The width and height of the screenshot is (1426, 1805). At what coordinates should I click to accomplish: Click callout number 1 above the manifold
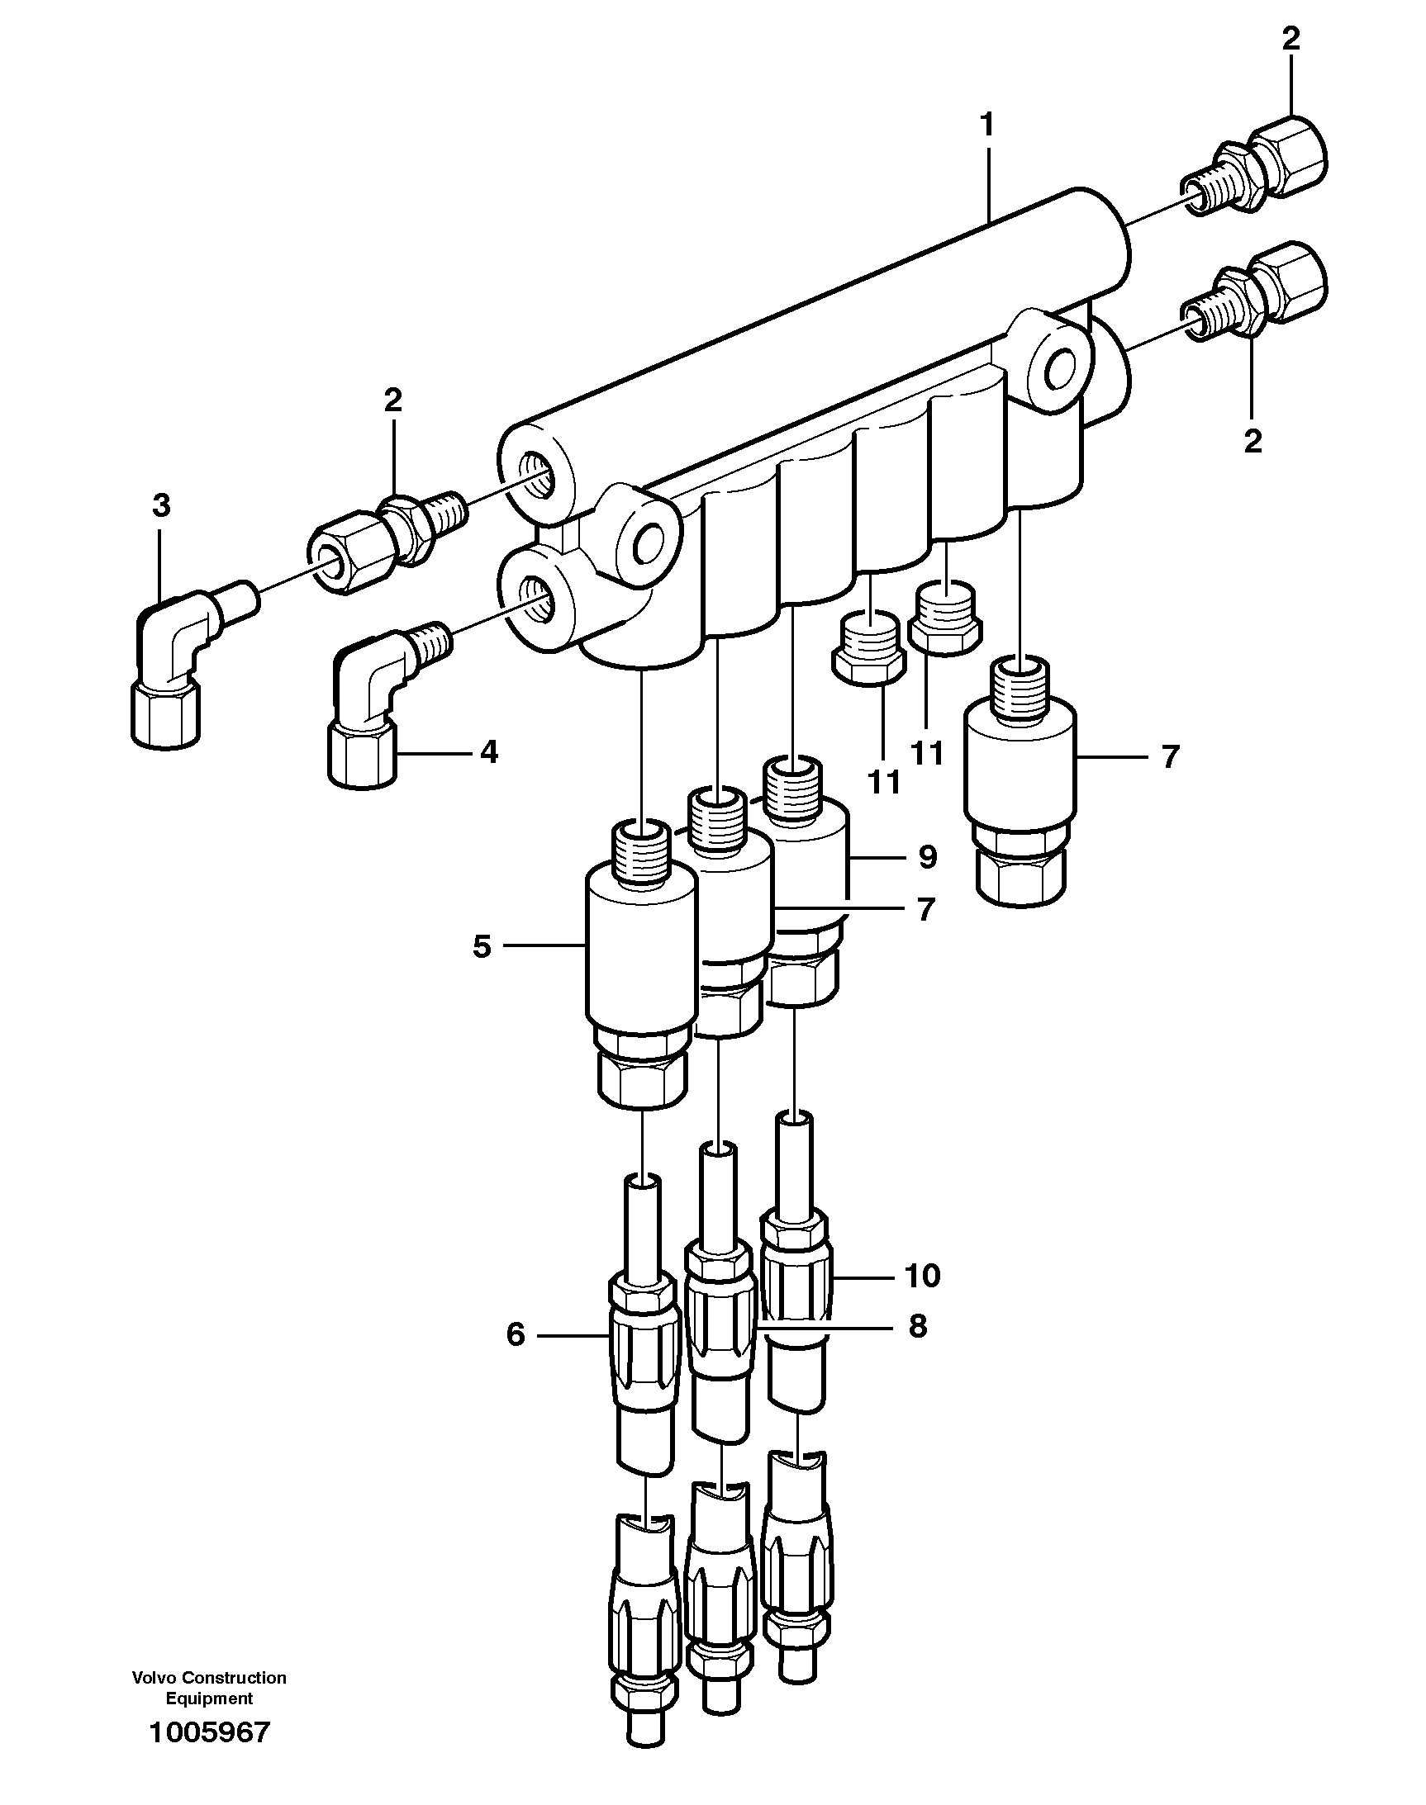click(x=986, y=126)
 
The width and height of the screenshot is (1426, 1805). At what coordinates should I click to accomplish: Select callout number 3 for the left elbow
click(x=161, y=505)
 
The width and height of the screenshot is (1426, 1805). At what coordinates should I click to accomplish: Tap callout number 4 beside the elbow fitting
click(x=488, y=753)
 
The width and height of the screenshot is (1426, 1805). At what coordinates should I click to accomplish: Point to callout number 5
click(x=482, y=946)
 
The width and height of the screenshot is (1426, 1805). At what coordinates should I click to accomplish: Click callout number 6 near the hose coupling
click(x=516, y=1335)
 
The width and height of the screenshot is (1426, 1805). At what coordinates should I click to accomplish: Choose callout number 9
click(x=927, y=857)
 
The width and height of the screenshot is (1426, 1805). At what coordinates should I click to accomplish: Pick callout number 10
click(x=922, y=1275)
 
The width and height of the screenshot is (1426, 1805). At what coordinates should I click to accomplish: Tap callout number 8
click(x=918, y=1326)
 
